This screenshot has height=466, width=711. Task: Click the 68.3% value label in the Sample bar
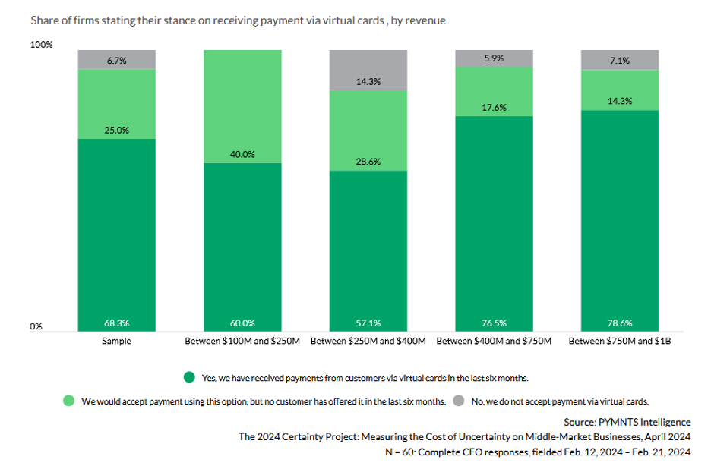116,323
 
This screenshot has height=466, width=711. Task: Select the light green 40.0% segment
242,106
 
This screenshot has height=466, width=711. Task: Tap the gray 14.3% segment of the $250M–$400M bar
368,70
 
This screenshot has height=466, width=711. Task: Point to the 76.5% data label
494,323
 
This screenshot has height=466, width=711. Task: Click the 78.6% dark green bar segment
620,220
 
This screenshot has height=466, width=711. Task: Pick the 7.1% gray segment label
620,61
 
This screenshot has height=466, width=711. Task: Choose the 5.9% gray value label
494,57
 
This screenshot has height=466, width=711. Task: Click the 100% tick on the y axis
42,45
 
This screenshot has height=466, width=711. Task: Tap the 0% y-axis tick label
36,326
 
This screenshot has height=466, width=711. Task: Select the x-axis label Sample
116,342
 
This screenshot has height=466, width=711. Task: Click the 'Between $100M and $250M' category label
242,342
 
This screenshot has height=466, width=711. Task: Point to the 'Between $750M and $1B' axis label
620,342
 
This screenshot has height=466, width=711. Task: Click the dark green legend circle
189,377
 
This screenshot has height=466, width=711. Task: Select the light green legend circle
69,400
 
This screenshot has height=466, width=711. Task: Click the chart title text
238,20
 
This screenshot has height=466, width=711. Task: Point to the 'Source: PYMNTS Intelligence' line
627,422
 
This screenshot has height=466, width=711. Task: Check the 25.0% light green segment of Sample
116,104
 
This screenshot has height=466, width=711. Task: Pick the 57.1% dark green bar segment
368,250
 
